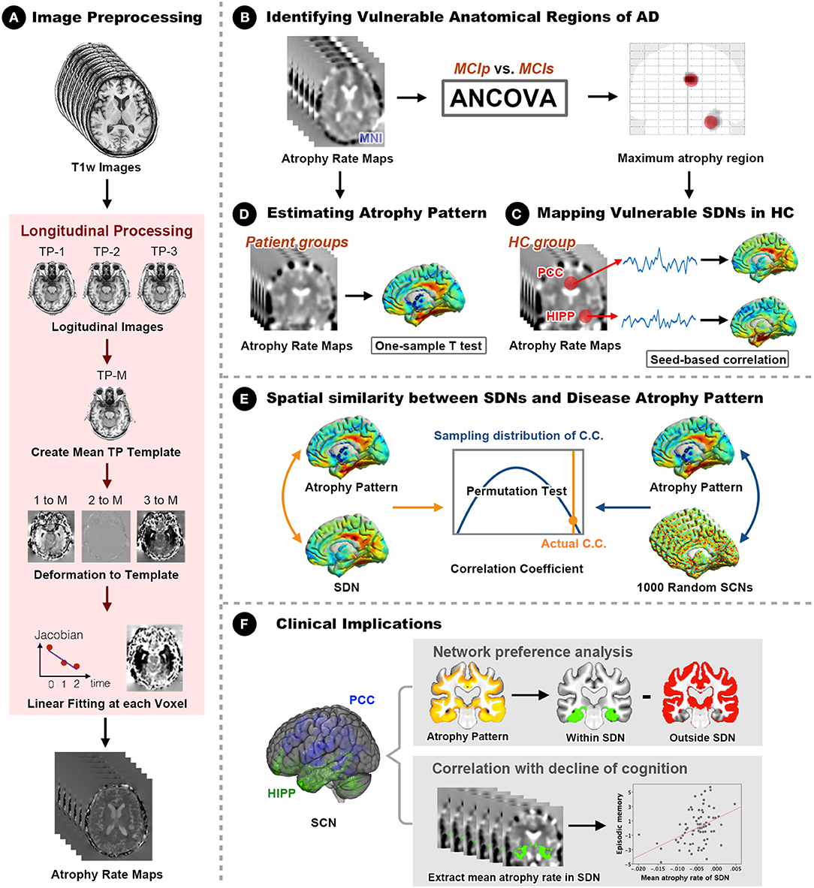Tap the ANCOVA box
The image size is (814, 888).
tap(503, 98)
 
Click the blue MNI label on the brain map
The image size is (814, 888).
tap(370, 138)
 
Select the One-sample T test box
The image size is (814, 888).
tap(430, 345)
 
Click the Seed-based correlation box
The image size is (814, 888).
tap(718, 360)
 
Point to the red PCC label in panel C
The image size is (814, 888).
tap(550, 272)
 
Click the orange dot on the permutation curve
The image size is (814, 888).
tap(572, 520)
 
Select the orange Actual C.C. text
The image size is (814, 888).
tap(573, 543)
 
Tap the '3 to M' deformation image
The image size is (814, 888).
tap(161, 536)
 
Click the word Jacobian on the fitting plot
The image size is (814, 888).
tap(59, 635)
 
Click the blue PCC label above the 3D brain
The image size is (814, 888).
tap(361, 700)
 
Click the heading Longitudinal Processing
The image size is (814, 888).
tap(107, 231)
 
